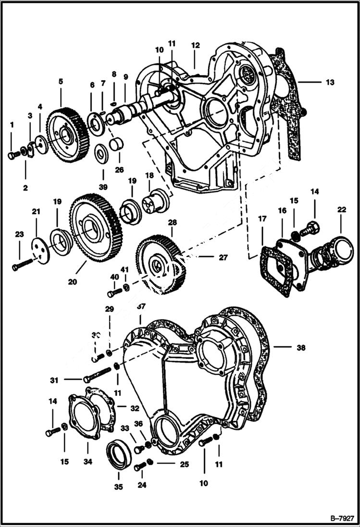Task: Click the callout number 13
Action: (x=329, y=82)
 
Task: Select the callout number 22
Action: (x=341, y=209)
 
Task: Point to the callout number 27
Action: (x=223, y=257)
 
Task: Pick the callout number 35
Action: (x=119, y=487)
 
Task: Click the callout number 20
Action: (x=72, y=282)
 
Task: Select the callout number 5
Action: (x=61, y=82)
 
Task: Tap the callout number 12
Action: (x=195, y=45)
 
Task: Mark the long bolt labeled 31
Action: (x=98, y=375)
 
